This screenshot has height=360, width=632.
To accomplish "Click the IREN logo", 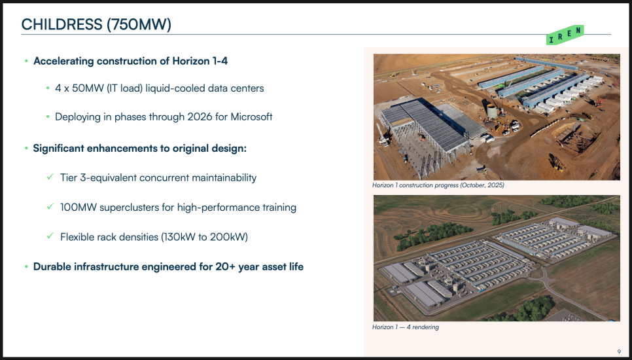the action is tap(565, 35).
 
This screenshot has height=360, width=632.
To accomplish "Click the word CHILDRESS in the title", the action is tap(62, 25).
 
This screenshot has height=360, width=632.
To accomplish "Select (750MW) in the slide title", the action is tap(139, 25).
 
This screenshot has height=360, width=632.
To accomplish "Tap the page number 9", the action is tap(619, 352).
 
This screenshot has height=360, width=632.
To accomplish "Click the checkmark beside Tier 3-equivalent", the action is tap(50, 177).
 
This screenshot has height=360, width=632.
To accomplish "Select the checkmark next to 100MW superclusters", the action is tap(50, 206).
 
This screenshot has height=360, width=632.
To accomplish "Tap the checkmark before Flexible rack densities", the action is tap(50, 236).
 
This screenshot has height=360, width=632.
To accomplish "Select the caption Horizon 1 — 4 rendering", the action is tap(406, 327).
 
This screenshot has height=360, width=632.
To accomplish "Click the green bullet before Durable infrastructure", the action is tap(26, 266).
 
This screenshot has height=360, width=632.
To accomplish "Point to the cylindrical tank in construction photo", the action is tap(492, 111).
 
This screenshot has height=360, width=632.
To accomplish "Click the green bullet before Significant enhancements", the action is tap(26, 149).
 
